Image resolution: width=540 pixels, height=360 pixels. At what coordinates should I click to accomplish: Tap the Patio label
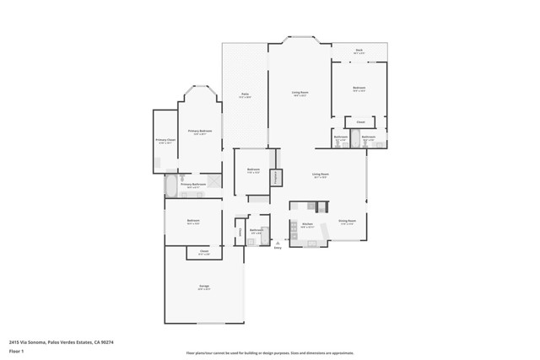pos(245,95)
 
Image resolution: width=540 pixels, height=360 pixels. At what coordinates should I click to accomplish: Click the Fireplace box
pos(275,178)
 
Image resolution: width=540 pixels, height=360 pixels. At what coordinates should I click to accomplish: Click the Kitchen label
pos(307,225)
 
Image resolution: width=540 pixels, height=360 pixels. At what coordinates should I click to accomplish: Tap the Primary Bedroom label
pos(199,132)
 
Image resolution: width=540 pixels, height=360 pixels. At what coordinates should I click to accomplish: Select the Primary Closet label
pos(165,141)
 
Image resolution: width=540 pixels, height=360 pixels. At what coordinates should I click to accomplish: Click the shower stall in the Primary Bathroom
pos(213,180)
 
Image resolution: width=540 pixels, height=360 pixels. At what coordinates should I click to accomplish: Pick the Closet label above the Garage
pos(204,252)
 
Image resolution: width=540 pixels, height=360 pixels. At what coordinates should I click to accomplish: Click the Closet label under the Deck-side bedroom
pos(359,123)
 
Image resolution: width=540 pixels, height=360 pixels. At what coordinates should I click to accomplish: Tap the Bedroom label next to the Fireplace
pos(253,170)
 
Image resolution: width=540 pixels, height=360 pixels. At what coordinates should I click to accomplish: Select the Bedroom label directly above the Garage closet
pos(193,222)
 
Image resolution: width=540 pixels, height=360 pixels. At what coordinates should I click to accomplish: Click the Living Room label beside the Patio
pos(300,95)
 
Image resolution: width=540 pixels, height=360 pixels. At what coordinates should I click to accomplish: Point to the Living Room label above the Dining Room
pos(321,176)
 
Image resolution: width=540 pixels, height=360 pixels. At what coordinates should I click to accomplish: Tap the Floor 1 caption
pos(17,349)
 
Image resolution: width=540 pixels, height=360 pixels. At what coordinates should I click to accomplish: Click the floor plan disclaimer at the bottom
pos(269,353)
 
